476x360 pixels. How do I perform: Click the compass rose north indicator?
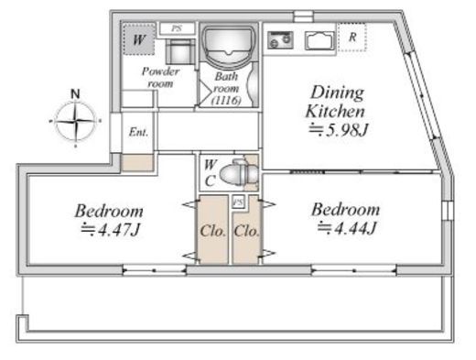point(75,93)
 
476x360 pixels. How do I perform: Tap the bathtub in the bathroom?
point(228,45)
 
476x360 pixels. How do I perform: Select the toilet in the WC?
point(239,172)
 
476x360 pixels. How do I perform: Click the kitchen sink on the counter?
point(319,40)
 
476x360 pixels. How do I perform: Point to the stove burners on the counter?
point(280,40)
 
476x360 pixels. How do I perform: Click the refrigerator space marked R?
point(352,38)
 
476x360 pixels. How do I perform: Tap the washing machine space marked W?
point(139,39)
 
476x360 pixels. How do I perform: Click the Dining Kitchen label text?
point(336,102)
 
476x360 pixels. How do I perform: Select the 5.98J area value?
point(339,130)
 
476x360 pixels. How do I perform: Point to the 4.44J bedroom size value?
point(347,228)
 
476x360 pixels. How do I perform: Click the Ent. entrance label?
point(138,132)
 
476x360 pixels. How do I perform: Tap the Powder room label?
point(160,77)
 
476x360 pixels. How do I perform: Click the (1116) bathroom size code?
point(226,100)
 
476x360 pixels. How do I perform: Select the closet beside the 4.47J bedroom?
point(212,229)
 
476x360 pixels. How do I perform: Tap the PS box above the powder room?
point(177,28)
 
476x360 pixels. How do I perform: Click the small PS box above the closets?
point(238,202)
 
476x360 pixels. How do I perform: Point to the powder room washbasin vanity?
point(180,51)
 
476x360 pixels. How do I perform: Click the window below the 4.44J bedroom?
point(354,271)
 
